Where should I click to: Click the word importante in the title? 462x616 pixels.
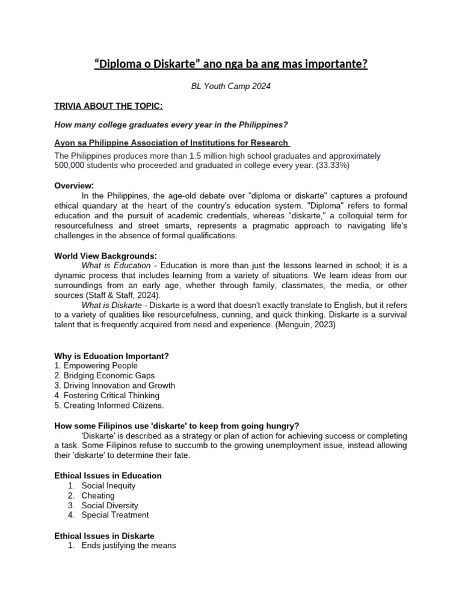point(336,63)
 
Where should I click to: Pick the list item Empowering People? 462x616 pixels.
point(100,366)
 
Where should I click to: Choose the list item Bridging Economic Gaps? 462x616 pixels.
point(108,375)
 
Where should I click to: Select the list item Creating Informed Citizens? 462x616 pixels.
point(109,405)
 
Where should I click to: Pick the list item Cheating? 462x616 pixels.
point(98,496)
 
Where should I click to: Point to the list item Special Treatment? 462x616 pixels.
point(115,515)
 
